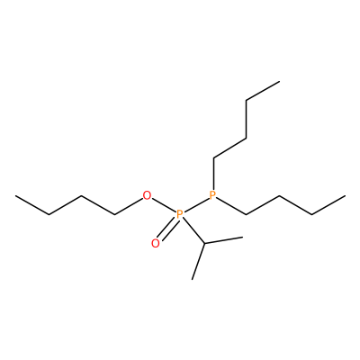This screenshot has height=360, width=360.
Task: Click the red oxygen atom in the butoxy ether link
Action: pos(147,196)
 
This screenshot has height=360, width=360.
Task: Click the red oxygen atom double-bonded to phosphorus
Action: pos(156,243)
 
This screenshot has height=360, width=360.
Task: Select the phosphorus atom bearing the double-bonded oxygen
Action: pos(179,215)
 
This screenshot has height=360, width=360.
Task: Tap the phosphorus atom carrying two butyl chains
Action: pos(212,195)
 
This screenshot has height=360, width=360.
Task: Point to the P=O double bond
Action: pos(166,229)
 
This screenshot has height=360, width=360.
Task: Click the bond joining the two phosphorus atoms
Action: pos(196,205)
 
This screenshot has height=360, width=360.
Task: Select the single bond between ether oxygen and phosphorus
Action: pos(163,205)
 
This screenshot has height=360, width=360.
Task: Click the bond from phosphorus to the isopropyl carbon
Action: pos(193,229)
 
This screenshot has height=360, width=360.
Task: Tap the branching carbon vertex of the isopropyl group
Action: pos(204,243)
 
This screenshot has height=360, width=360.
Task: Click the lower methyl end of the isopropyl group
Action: pos(193,279)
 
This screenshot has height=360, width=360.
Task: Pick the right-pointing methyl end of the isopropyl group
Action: pos(242,238)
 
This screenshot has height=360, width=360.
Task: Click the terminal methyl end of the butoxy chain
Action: pos(16,196)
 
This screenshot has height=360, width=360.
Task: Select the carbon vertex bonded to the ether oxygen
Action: pos(115,215)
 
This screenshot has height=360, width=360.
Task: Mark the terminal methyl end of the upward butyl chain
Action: pos(279,81)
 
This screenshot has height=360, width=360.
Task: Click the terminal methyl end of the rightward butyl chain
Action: pos(345,196)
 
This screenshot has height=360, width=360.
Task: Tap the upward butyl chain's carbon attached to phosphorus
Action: pos(213,157)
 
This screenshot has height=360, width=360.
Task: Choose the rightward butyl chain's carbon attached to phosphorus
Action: pos(246,214)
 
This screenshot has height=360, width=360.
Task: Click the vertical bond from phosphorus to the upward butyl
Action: pos(213,174)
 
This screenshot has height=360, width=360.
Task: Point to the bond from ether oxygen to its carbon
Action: pos(129,207)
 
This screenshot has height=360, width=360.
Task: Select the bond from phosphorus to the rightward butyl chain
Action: pos(231,206)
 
